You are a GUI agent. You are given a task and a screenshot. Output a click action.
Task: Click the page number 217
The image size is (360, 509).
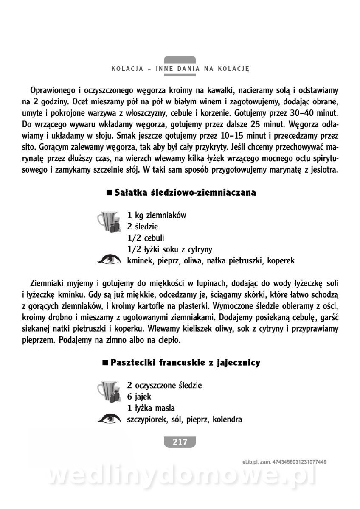(180, 442)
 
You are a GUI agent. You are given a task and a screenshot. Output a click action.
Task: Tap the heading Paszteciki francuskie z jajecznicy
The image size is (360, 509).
(185, 363)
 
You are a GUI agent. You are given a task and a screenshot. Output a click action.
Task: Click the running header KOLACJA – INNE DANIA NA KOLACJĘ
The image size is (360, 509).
(180, 68)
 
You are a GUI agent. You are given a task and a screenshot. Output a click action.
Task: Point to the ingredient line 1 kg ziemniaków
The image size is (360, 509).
(157, 215)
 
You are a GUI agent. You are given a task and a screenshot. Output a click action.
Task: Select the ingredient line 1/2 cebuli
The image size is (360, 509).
(146, 238)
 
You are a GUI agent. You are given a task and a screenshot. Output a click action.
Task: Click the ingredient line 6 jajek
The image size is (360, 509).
(139, 397)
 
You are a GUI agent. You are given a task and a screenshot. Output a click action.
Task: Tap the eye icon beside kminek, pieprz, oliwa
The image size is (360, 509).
(109, 260)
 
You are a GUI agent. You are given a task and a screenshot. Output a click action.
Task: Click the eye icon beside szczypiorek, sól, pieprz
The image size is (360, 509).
(109, 420)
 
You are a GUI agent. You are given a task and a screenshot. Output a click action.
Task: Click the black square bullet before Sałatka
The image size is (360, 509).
(109, 193)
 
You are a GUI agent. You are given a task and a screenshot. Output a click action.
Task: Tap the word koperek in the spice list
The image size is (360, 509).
(281, 260)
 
